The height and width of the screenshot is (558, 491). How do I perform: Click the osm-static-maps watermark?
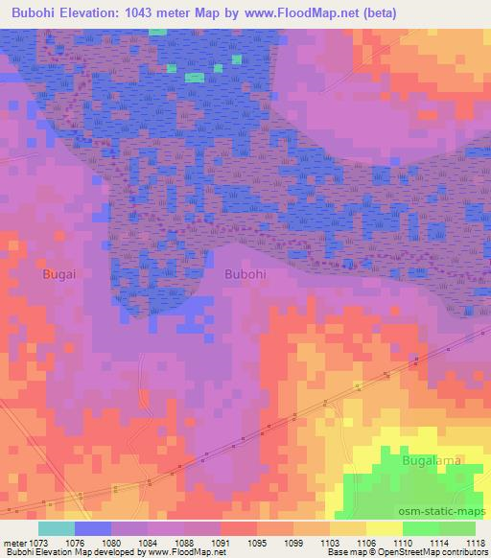click(x=440, y=508)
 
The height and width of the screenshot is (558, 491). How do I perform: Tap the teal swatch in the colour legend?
click(x=57, y=527)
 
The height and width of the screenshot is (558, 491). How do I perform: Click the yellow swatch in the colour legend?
click(x=385, y=527)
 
